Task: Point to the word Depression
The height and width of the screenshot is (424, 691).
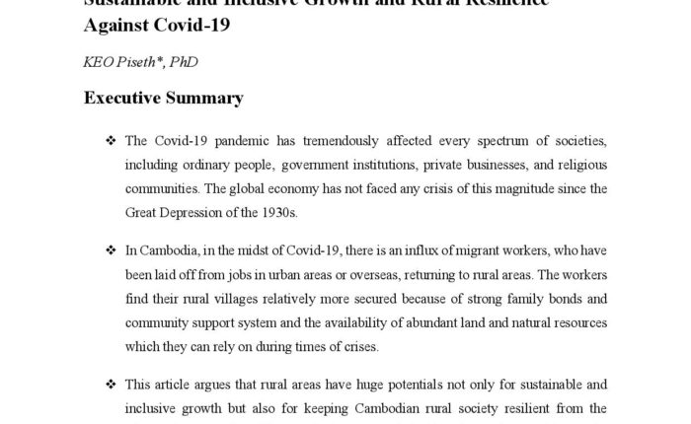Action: [x=193, y=211]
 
